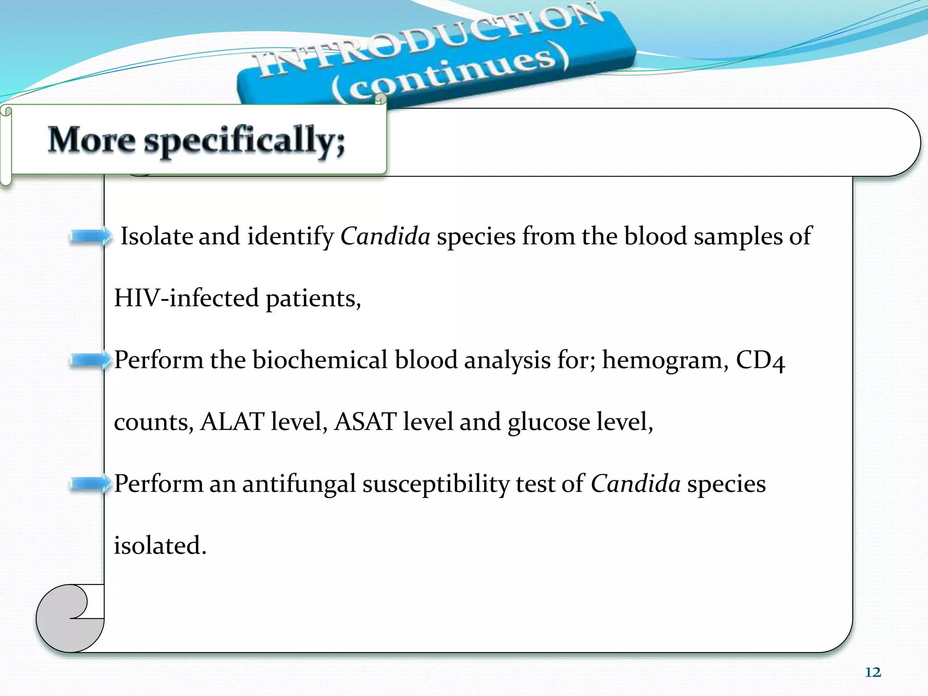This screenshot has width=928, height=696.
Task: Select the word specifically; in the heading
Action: click(245, 141)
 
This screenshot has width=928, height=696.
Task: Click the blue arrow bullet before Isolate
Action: click(91, 237)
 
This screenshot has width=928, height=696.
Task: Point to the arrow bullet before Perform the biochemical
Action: click(91, 361)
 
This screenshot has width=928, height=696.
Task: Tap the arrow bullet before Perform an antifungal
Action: click(91, 484)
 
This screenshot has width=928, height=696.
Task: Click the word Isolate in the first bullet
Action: click(156, 237)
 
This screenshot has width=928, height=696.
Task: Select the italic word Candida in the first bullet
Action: click(385, 237)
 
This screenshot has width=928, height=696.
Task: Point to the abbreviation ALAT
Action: click(232, 422)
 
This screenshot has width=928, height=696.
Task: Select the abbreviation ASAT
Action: click(365, 422)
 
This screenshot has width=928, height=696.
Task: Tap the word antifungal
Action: click(299, 484)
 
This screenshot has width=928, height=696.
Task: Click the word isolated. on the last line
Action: click(160, 546)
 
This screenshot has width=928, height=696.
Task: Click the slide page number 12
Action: click(873, 672)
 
